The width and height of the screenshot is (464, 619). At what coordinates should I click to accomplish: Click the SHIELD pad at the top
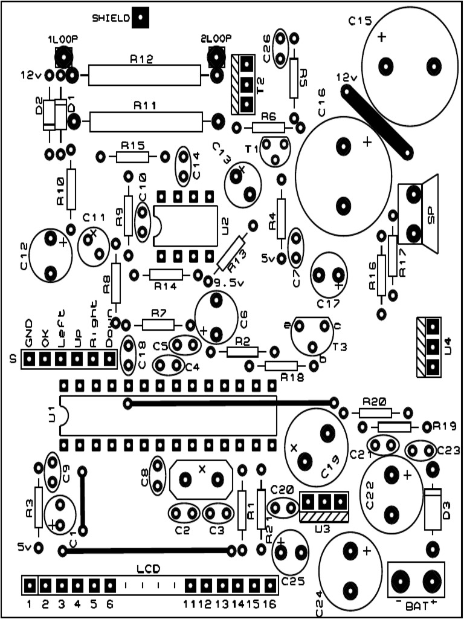(x=140, y=18)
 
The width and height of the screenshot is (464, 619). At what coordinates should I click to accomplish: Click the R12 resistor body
(x=144, y=76)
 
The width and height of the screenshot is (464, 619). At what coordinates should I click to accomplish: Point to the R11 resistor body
(x=146, y=122)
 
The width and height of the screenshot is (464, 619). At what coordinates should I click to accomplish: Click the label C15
(x=360, y=21)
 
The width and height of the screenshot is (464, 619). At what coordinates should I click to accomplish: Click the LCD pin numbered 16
(x=268, y=585)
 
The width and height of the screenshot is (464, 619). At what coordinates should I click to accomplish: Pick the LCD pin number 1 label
(x=29, y=603)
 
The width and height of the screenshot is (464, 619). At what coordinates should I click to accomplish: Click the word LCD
(x=148, y=569)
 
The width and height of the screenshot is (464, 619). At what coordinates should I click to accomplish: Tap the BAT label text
(x=416, y=605)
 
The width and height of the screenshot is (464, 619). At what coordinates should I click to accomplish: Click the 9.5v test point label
(x=227, y=281)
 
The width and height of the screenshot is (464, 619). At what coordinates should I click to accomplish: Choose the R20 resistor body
(x=375, y=413)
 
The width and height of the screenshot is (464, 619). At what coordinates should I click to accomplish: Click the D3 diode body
(x=432, y=508)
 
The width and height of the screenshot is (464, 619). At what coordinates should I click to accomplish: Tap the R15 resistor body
(x=132, y=157)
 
